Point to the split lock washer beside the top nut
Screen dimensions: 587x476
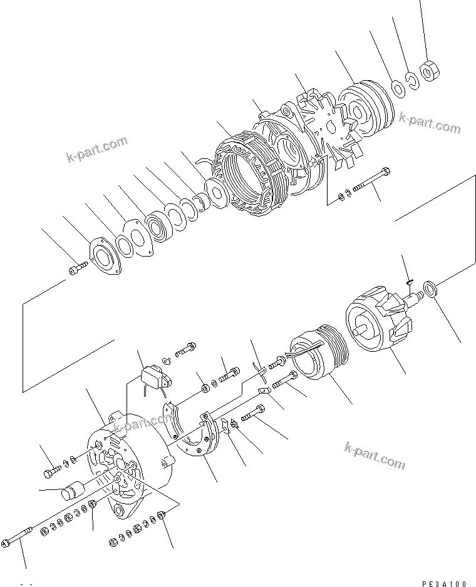(411, 79)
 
